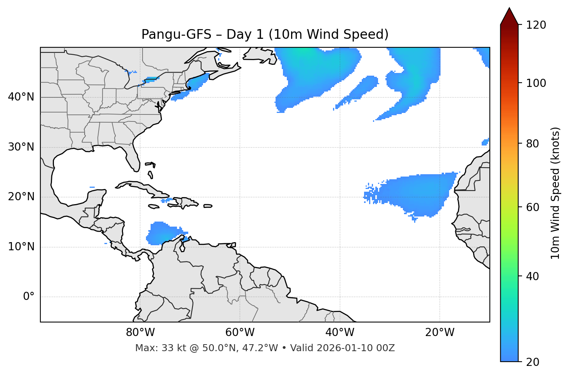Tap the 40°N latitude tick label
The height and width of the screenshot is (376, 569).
tap(21, 97)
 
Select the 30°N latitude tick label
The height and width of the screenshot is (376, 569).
tap(21, 147)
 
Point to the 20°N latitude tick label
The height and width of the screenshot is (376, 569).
tap(21, 197)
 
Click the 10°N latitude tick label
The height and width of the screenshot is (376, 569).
tap(21, 247)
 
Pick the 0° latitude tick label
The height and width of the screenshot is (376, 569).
tap(28, 297)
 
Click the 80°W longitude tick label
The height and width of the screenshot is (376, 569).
tap(140, 333)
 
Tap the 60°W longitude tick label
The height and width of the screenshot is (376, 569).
tap(240, 333)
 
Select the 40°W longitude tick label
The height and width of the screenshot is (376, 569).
tap(340, 333)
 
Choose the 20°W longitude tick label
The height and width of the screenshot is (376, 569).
tap(439, 333)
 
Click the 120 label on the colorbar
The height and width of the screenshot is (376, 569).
tap(536, 25)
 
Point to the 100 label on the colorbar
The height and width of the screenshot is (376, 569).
tap(536, 83)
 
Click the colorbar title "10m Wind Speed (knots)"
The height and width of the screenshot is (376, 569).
tap(555, 193)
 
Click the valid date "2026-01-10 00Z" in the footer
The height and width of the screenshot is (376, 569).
tap(356, 348)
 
